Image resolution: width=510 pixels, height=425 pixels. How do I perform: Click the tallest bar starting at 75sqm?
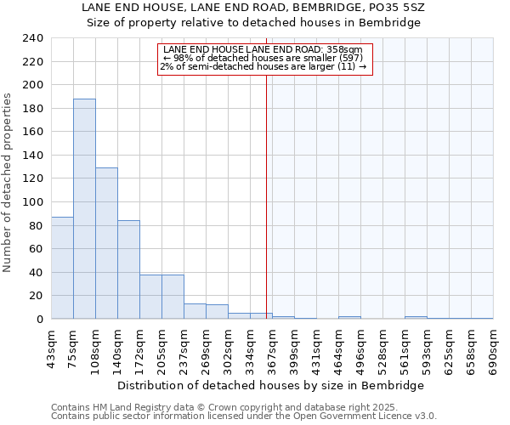pos(84,209)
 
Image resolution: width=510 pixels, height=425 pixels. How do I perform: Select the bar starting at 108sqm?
pos(106,243)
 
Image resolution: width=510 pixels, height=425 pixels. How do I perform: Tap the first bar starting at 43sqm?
pos(62,268)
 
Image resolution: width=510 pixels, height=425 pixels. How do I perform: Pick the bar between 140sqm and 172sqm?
pos(128,269)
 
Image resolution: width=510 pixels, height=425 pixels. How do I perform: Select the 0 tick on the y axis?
pos(39,319)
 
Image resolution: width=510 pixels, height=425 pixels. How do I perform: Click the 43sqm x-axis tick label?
pos(52,347)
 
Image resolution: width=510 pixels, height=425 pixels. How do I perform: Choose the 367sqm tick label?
pos(273,348)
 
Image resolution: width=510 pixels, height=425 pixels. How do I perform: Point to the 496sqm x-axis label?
pos(361,348)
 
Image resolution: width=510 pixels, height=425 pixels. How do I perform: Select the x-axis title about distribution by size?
pos(270,385)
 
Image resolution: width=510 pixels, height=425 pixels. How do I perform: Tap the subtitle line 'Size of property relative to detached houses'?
pos(254,22)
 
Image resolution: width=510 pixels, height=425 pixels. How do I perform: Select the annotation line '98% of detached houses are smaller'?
pos(265,58)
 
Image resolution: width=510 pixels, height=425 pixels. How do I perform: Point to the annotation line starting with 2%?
pos(263,66)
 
